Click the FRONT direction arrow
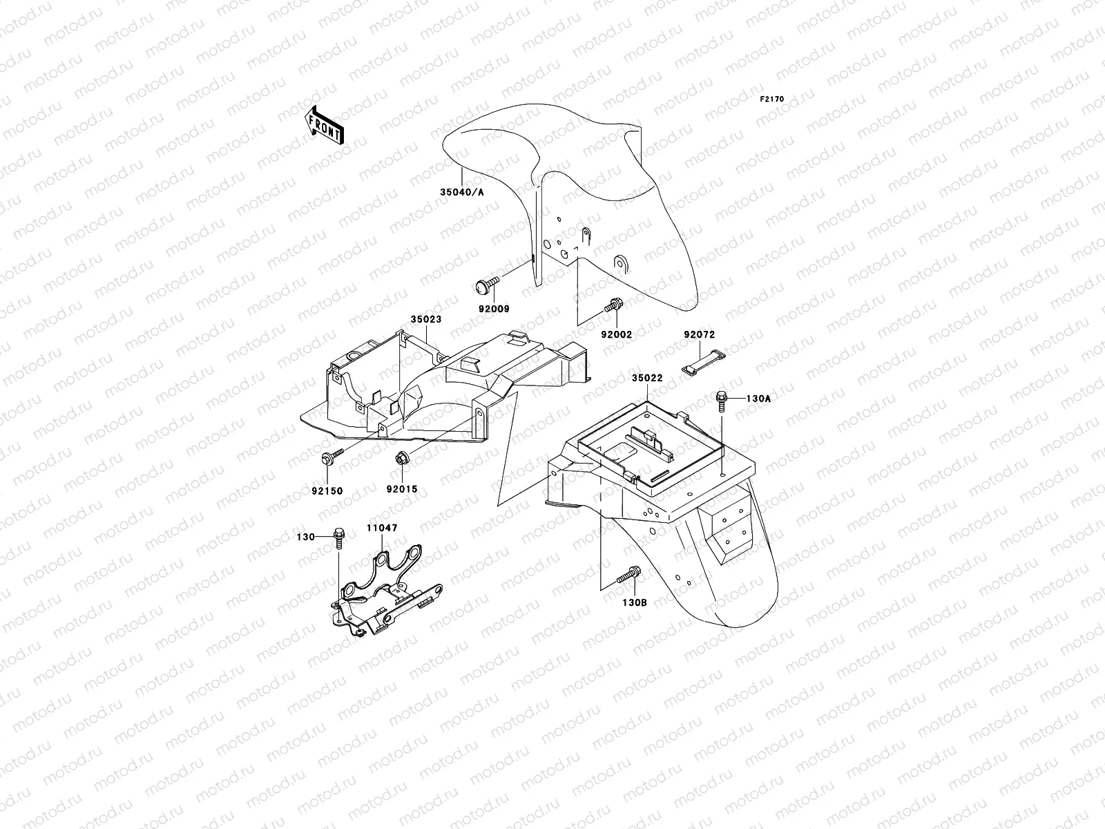coord(324,125)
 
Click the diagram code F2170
coord(771,99)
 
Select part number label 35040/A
coord(461,192)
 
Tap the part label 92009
coord(494,309)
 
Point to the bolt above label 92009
coord(487,285)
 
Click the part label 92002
coord(616,335)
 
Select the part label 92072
coord(699,335)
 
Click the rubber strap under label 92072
coord(703,363)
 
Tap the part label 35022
coord(647,378)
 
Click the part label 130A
coord(758,399)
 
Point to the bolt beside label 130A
coord(722,401)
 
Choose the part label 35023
coord(426,319)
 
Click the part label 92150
coord(327,490)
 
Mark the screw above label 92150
coord(332,456)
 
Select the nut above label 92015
coord(402,458)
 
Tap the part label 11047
coord(382,528)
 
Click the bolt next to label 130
coord(339,538)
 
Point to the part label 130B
coord(634,602)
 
